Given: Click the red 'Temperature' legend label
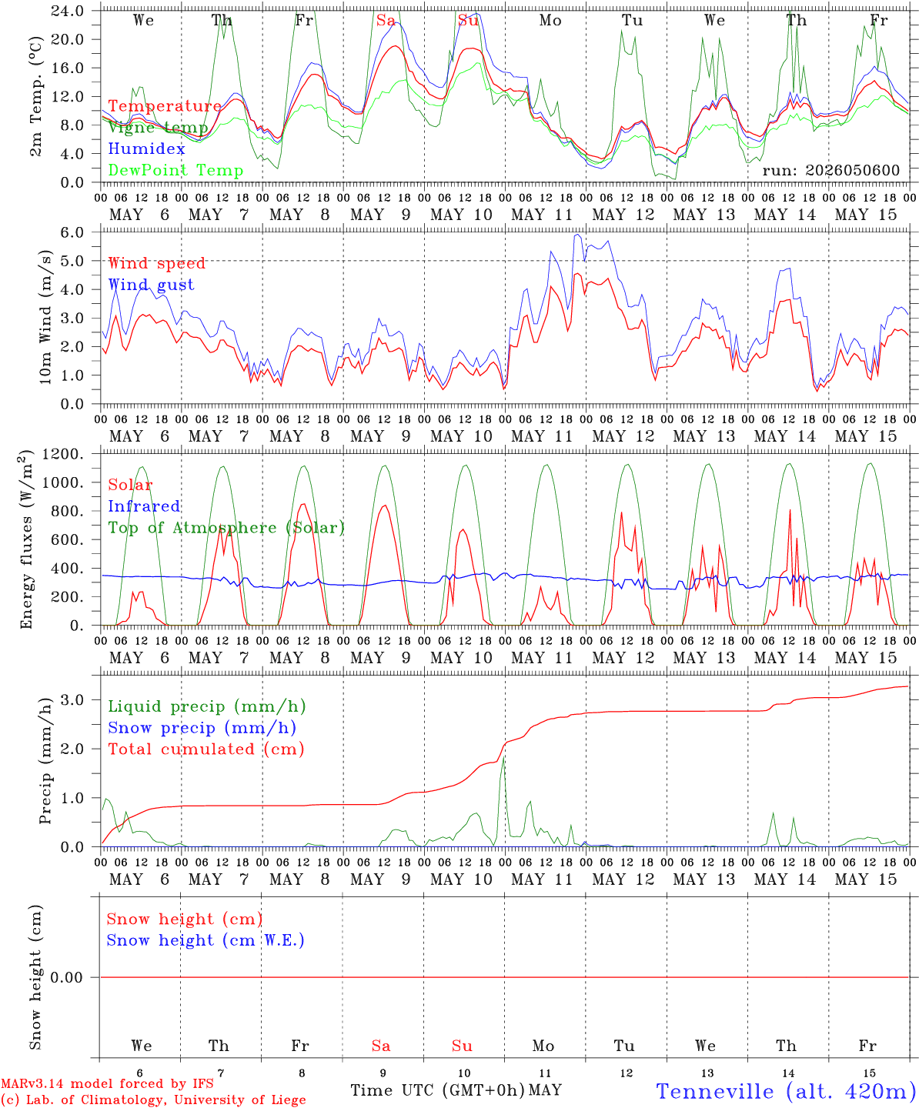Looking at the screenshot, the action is (x=165, y=105).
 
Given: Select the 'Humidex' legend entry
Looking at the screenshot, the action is (x=146, y=149).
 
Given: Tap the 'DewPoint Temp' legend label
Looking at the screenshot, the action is (x=175, y=170).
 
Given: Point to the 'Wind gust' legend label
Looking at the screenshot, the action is (x=152, y=285).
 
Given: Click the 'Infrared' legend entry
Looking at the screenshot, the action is (x=144, y=506).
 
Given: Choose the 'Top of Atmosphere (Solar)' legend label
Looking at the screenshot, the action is (x=227, y=528).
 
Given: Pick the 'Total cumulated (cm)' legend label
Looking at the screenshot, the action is (x=206, y=749).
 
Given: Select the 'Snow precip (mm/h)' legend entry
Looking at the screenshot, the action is (x=202, y=728).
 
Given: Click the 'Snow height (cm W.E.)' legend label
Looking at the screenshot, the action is (x=205, y=939).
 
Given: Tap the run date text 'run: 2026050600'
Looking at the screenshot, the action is (x=830, y=170).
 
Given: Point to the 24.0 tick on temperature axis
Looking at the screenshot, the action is (x=68, y=11).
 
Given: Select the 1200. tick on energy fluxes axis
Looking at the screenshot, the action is (x=63, y=454).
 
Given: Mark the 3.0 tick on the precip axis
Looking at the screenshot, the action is (x=72, y=699).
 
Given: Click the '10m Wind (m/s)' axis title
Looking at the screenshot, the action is (x=45, y=316).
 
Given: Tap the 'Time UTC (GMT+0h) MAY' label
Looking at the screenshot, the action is (x=456, y=1090).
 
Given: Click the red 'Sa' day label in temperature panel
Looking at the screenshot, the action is (x=386, y=20).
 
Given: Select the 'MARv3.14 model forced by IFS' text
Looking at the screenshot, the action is (x=107, y=1083).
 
